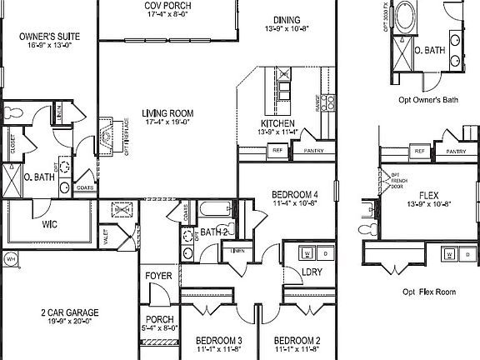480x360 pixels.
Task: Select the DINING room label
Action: pyautogui.click(x=286, y=21)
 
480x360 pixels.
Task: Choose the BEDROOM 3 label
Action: pyautogui.click(x=218, y=341)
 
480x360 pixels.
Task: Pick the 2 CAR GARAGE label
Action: pyautogui.click(x=70, y=313)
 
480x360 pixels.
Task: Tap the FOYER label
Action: pyautogui.click(x=158, y=276)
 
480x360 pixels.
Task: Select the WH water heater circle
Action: pyautogui.click(x=10, y=260)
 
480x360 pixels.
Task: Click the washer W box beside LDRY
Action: pyautogui.click(x=307, y=252)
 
